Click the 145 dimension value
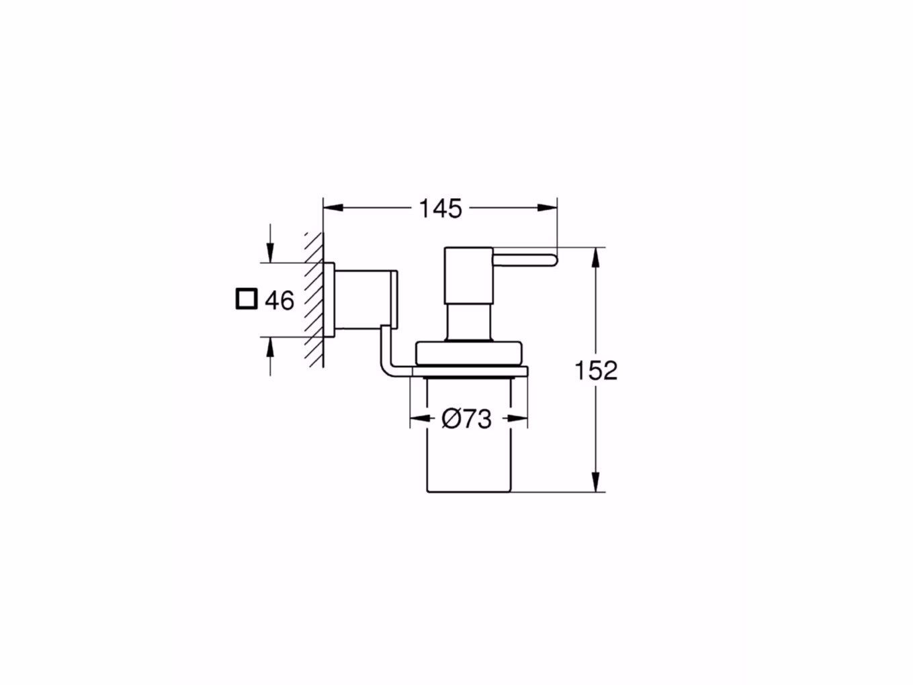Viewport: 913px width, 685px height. point(441,209)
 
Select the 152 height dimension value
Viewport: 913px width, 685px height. point(596,370)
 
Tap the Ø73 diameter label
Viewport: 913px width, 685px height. point(467,420)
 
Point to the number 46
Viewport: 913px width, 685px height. point(279,300)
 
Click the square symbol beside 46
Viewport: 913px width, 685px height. point(247,299)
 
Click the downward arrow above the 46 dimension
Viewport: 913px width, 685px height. point(270,254)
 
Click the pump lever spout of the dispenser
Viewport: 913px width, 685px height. point(527,259)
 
